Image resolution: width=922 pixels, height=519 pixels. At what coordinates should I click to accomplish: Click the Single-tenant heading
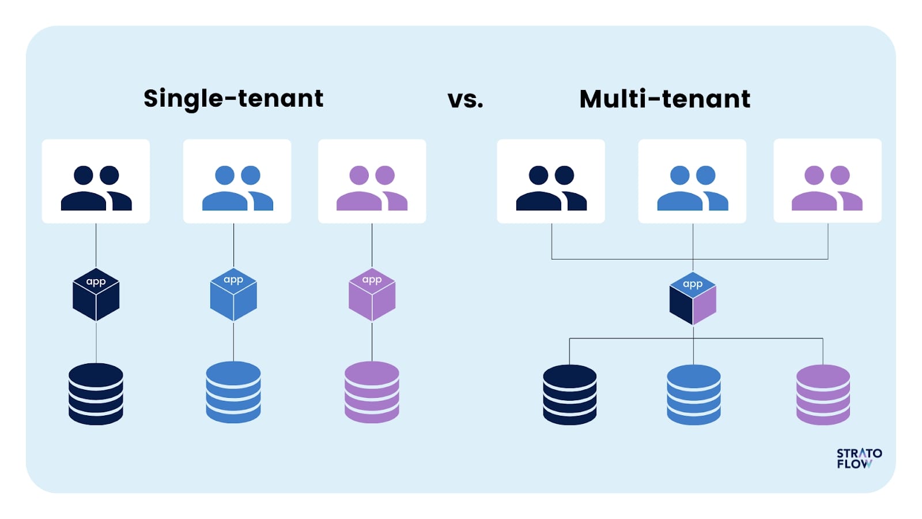pos(233,99)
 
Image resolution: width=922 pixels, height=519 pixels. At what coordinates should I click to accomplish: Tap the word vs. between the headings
pos(465,100)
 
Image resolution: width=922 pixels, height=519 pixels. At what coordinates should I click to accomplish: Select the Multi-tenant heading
pos(664,99)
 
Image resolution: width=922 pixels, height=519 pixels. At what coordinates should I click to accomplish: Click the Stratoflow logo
pos(859,458)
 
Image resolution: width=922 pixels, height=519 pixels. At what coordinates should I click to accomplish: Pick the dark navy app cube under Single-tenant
pos(96,295)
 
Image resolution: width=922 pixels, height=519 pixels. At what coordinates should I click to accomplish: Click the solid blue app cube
pos(233,295)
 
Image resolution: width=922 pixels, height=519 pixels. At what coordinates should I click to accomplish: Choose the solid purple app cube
pos(372,295)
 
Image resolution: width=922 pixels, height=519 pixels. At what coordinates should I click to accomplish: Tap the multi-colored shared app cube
pos(693,299)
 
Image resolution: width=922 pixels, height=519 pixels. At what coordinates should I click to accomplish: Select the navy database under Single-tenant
pos(96,394)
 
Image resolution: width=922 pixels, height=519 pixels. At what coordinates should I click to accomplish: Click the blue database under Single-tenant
pos(233,392)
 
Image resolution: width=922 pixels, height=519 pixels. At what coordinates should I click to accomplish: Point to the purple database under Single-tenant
pos(372,392)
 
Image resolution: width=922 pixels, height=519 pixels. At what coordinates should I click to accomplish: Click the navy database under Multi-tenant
pos(569,395)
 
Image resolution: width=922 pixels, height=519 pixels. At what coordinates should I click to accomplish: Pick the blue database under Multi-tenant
pos(693,395)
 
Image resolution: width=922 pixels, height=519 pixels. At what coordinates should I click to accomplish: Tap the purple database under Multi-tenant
pos(823,395)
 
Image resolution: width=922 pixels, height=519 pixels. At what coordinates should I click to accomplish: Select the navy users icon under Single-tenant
pos(96,188)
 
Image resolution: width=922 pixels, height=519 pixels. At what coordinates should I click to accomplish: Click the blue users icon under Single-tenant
pos(237,188)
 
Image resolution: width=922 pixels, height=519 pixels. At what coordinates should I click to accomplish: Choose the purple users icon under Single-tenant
pos(372,188)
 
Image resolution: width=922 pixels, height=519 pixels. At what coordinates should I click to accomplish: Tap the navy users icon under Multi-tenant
pos(551,188)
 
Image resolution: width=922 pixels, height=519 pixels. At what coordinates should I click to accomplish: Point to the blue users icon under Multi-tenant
pos(692,188)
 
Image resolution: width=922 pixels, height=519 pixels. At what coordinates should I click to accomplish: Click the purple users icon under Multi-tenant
pos(827,188)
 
